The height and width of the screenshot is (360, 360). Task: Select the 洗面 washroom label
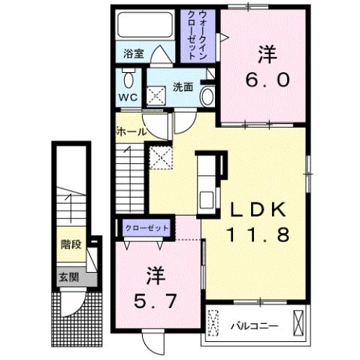tap(184, 86)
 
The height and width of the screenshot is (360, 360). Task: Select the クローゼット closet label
tap(147, 227)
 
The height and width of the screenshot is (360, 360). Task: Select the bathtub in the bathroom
tap(147, 26)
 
